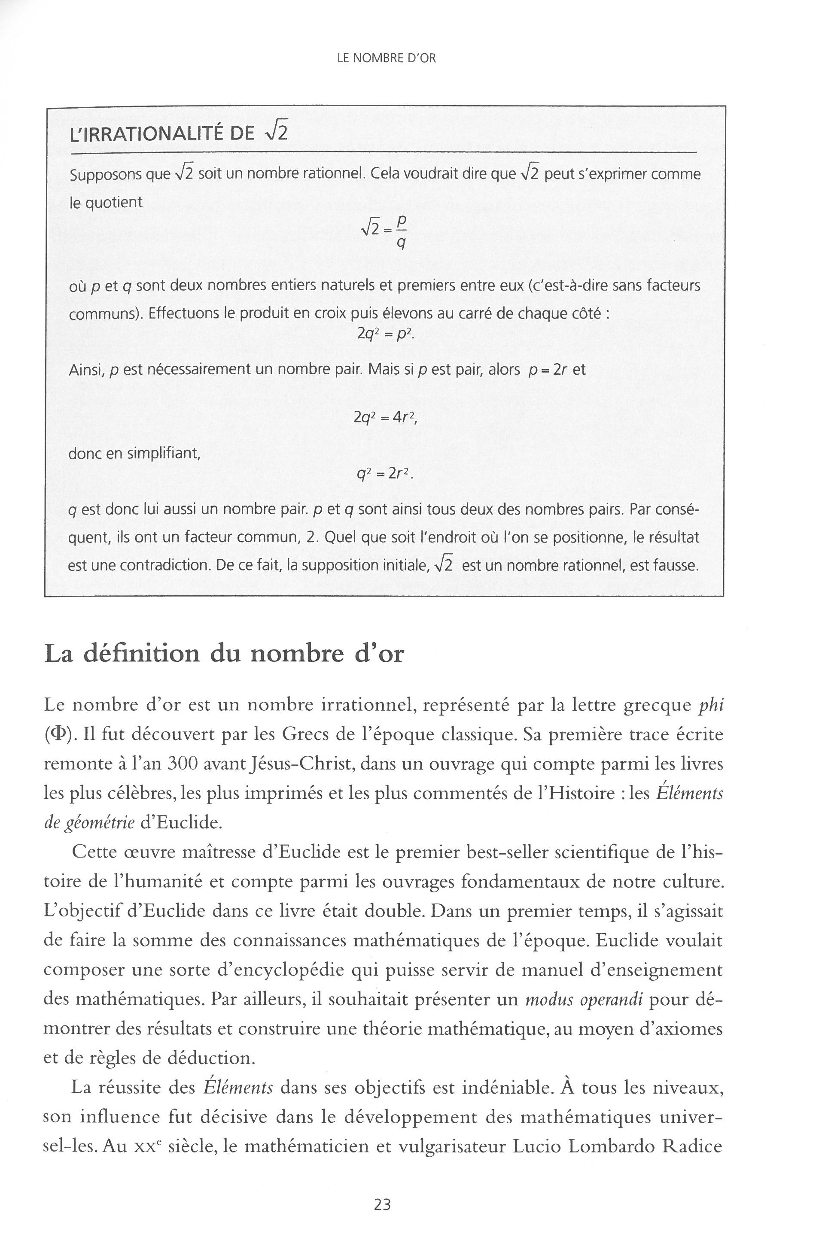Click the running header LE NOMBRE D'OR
pyautogui.click(x=386, y=58)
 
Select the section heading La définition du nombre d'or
pyautogui.click(x=224, y=654)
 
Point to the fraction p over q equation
pyautogui.click(x=384, y=233)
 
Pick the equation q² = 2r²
pyautogui.click(x=385, y=474)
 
